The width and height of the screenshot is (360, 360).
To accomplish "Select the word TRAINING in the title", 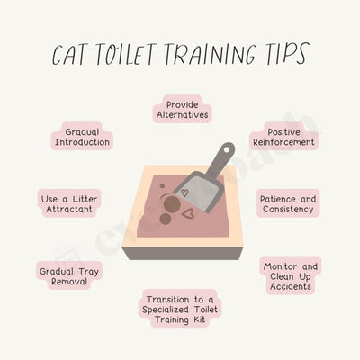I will coord(216,55).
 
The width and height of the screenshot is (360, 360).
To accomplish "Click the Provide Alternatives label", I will coord(183,110).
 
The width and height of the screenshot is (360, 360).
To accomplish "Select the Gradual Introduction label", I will coord(81,137).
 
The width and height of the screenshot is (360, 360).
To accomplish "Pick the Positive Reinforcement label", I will coord(283,137).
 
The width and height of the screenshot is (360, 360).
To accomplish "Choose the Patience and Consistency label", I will coord(286,203).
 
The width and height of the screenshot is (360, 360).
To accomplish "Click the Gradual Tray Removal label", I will coord(63,275).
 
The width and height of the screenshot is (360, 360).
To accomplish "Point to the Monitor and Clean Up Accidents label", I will coord(291,275).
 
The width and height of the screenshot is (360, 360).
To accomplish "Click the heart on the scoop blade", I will coord(184,191).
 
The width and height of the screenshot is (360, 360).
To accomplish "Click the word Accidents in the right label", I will coord(291,288).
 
